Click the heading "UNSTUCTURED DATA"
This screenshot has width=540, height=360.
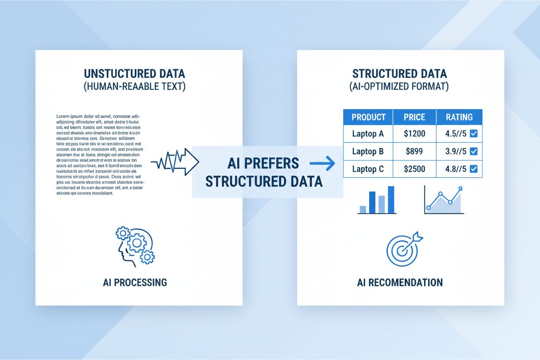pos(135,74)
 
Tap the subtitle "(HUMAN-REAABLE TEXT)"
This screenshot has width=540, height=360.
pos(135,87)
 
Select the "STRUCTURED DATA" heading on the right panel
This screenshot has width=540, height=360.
pos(399,74)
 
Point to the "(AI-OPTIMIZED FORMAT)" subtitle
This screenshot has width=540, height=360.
pos(399,87)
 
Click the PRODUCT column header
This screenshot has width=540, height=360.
pos(368,117)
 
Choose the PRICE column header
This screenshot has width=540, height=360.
pos(414,117)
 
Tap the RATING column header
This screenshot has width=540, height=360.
pos(459,117)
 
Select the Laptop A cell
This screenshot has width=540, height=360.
pos(368,134)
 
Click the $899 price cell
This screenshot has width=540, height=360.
pos(414,151)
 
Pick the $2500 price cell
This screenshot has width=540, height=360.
pos(414,169)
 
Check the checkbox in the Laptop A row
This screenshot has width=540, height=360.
pos(473,134)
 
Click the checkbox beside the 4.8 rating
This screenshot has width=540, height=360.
pos(473,169)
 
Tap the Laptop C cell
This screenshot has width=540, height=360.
pos(368,169)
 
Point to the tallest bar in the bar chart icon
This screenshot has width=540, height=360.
pos(391,199)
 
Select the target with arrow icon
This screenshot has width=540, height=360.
pos(403,249)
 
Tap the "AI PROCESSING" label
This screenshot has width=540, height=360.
pos(135,283)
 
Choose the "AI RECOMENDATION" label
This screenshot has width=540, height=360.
pos(400,283)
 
